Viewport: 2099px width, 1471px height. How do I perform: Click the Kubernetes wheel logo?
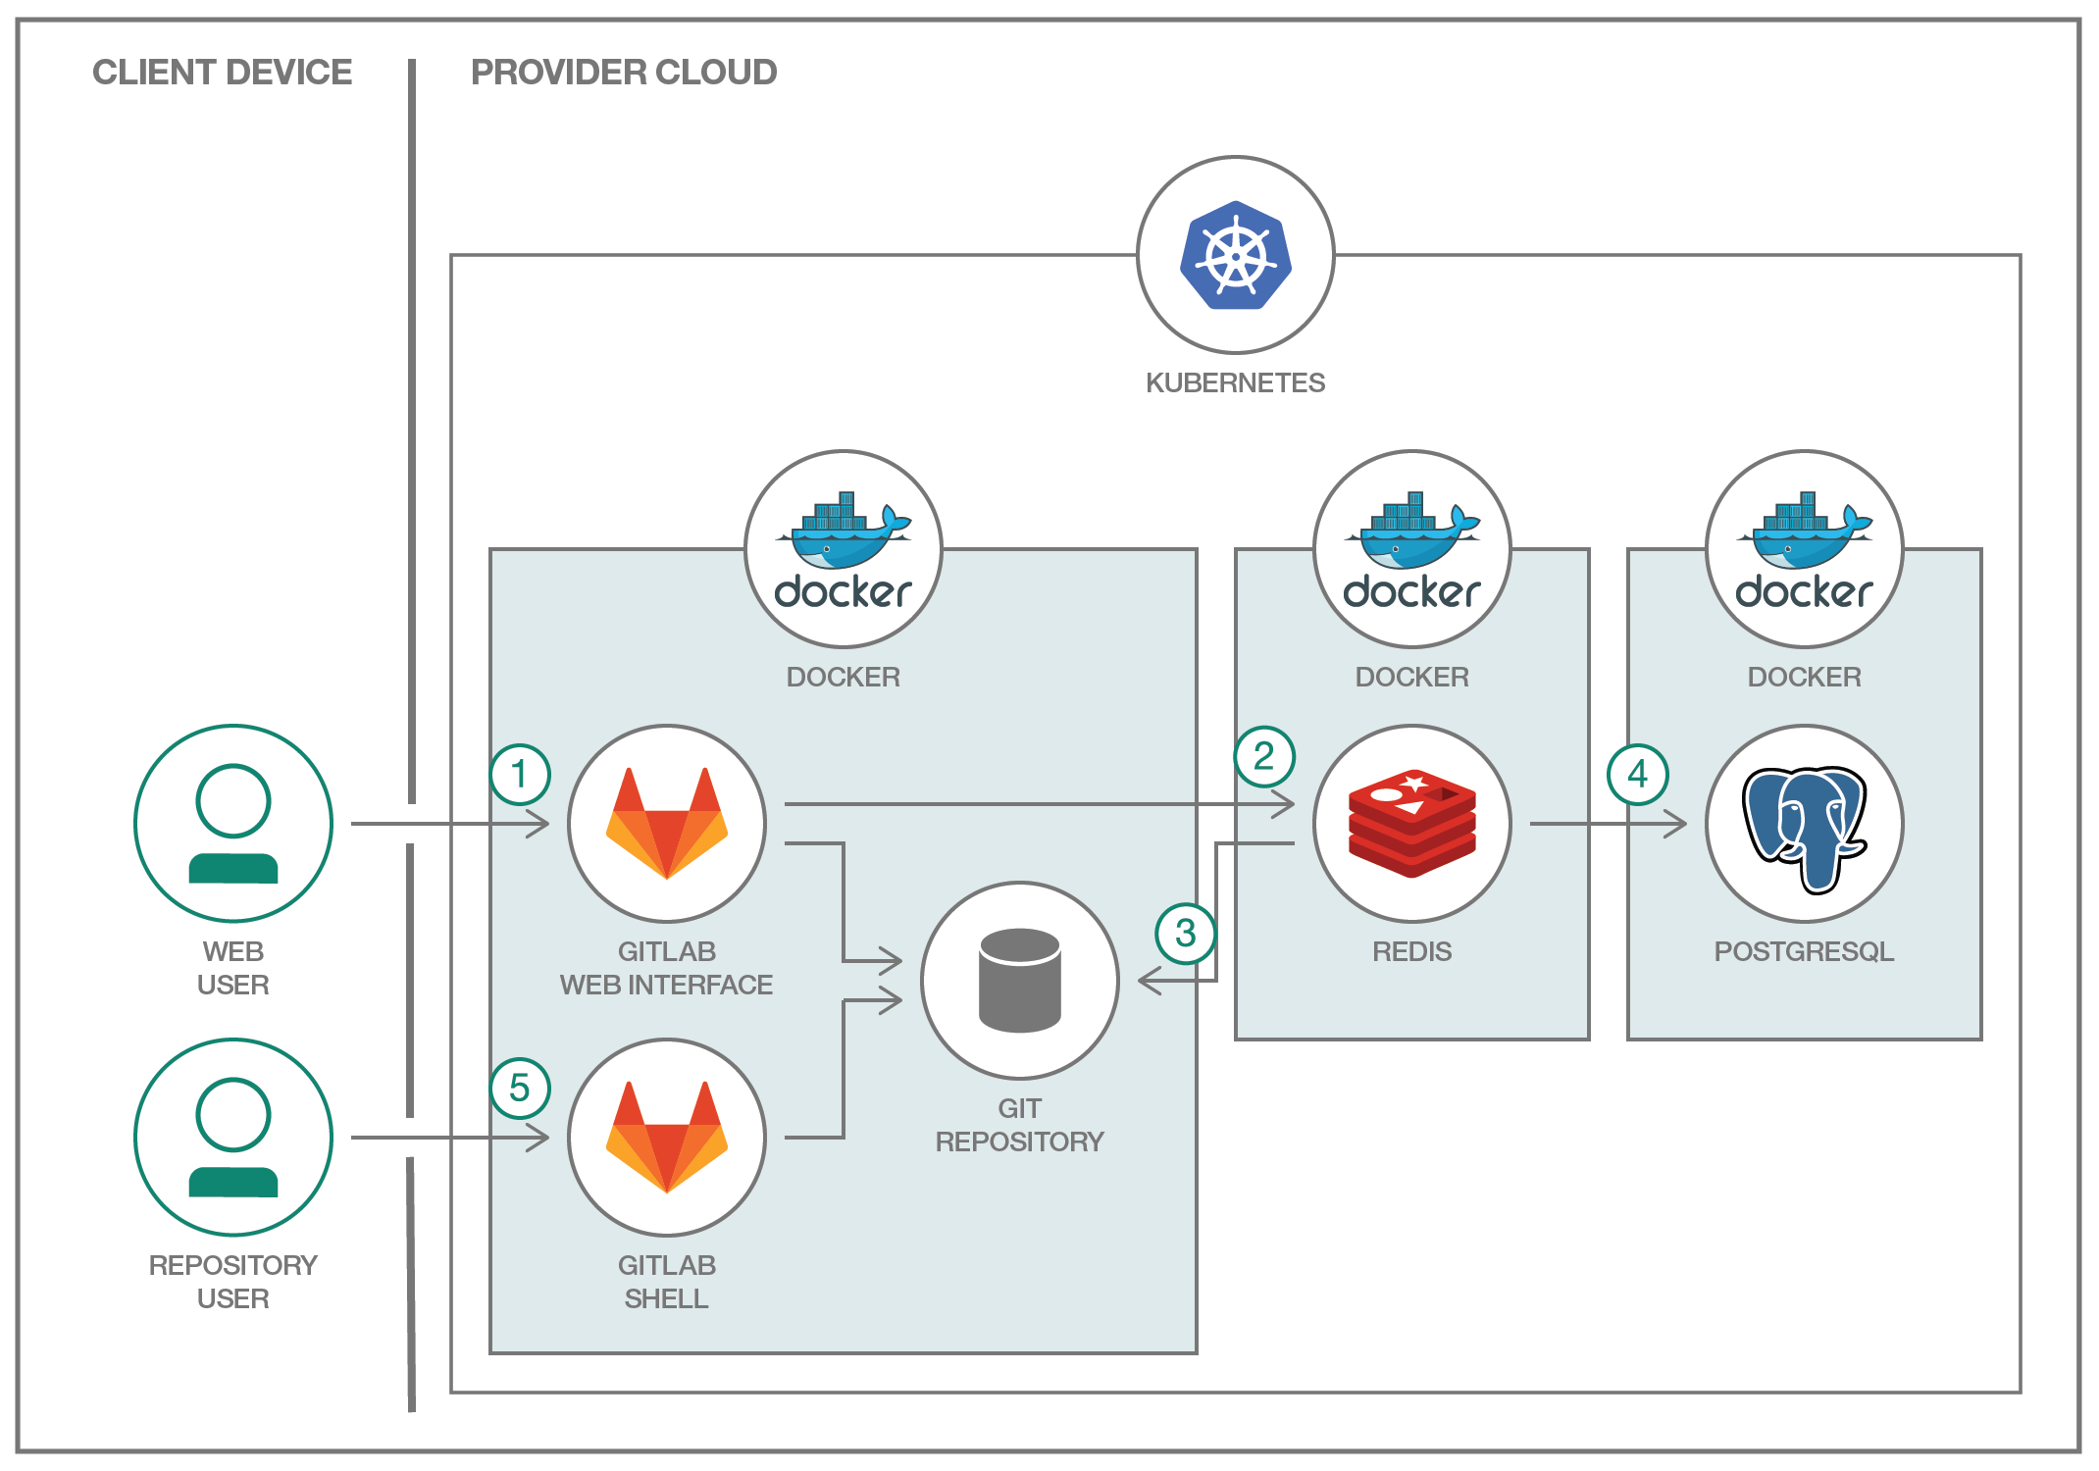click(1236, 255)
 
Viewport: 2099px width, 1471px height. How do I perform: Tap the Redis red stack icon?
click(1412, 824)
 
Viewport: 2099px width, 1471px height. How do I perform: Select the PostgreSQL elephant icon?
click(1805, 827)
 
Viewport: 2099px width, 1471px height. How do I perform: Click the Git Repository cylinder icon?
click(1020, 981)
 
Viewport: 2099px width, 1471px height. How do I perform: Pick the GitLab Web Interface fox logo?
click(667, 824)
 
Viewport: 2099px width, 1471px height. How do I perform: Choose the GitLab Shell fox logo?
click(667, 1138)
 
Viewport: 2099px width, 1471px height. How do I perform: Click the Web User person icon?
click(233, 824)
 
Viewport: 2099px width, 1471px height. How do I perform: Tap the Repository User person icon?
click(233, 1138)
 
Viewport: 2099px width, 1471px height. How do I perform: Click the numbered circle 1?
click(520, 775)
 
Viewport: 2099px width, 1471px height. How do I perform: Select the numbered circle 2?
click(1264, 756)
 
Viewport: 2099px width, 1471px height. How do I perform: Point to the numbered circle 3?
click(1186, 933)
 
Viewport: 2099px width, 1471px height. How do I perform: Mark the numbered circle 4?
click(1637, 775)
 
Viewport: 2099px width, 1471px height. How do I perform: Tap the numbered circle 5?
click(520, 1089)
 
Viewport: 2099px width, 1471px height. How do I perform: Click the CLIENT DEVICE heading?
click(222, 73)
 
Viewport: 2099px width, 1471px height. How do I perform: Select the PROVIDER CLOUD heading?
click(624, 73)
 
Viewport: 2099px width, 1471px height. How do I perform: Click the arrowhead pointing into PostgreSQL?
click(1676, 824)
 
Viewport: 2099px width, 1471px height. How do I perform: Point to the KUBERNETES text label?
click(1235, 382)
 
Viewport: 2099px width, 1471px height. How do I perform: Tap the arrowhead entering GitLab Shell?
click(538, 1138)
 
